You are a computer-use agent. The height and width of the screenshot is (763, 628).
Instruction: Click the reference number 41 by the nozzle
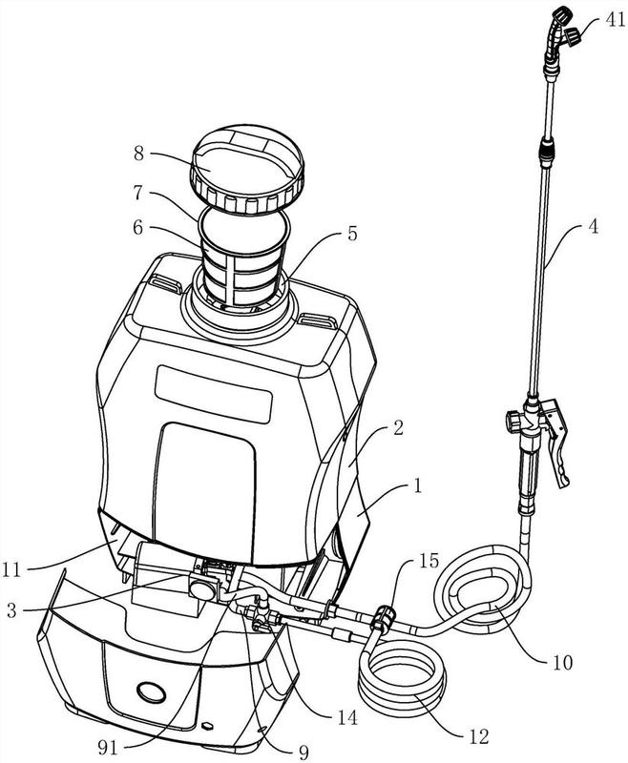(x=615, y=19)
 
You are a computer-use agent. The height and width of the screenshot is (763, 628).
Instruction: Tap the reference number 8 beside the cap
(x=139, y=154)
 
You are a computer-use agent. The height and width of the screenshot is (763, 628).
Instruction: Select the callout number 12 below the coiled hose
(x=479, y=736)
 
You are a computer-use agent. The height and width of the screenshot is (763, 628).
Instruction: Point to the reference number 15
(x=429, y=560)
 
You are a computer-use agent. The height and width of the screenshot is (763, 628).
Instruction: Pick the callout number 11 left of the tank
(x=11, y=568)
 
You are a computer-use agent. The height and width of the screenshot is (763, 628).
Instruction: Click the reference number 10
(x=563, y=662)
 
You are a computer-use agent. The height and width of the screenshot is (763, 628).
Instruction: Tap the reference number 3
(x=11, y=610)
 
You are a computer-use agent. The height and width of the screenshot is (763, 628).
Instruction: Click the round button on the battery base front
(x=152, y=691)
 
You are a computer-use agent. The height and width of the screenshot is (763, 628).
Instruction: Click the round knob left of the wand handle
(x=513, y=421)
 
